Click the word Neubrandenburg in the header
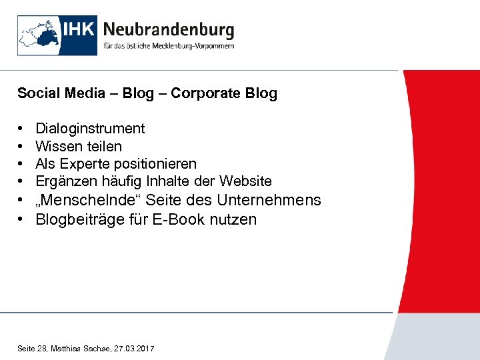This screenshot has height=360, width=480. pyautogui.click(x=169, y=30)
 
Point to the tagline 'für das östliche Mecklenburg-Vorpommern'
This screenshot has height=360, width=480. pyautogui.click(x=169, y=47)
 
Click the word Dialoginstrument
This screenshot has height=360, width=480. pyautogui.click(x=90, y=128)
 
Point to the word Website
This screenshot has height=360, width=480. pyautogui.click(x=245, y=181)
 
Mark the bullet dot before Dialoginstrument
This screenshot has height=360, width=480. pyautogui.click(x=22, y=128)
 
